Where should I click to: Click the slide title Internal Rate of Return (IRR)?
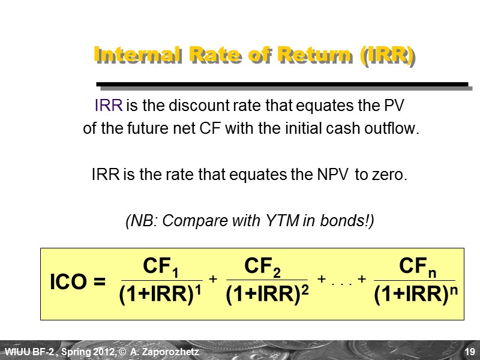tap(254, 56)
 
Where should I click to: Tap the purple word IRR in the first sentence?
tap(108, 107)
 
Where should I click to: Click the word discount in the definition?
tap(195, 107)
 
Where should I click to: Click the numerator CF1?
tap(161, 266)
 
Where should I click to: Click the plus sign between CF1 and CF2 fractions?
tap(212, 279)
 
